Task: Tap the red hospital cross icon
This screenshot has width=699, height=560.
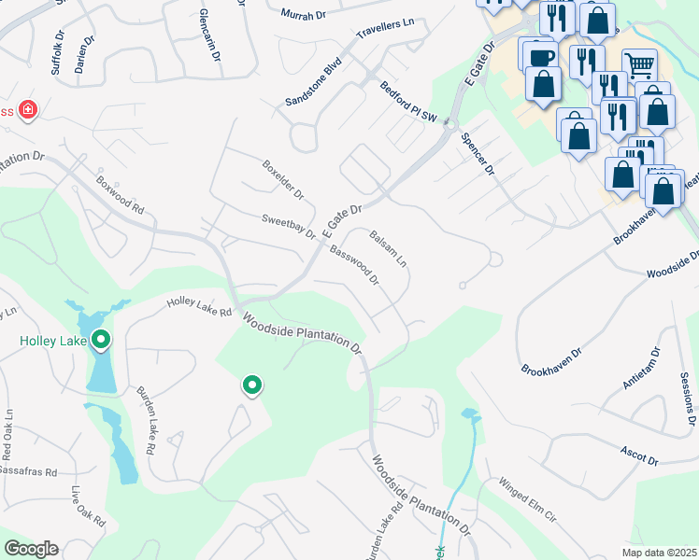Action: pos(28,111)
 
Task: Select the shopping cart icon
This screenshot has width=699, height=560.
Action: pos(639,64)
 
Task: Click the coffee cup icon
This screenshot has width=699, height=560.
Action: pos(538,54)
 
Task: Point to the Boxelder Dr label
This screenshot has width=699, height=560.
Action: pos(282,180)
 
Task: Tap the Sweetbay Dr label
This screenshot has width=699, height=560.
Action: pos(290,225)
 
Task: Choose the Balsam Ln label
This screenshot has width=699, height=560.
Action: pos(389,249)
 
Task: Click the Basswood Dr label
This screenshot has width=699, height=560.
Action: pos(354,265)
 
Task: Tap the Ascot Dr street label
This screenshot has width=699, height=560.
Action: pos(639,455)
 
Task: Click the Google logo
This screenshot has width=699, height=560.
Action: pos(31,549)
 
